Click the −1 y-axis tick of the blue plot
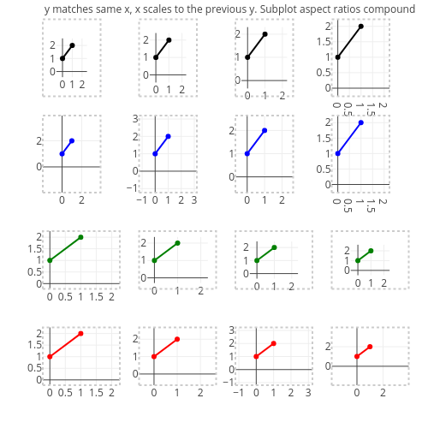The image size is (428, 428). click(x=131, y=187)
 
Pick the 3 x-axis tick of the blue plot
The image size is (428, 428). click(x=194, y=200)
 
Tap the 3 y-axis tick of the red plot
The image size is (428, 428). click(x=231, y=330)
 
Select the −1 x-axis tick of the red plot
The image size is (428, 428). click(x=238, y=393)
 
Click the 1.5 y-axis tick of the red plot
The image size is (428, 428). click(x=34, y=345)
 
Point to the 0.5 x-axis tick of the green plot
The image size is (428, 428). click(x=65, y=297)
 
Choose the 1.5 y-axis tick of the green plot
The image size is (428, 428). click(x=34, y=249)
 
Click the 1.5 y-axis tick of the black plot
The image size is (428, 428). click(x=324, y=42)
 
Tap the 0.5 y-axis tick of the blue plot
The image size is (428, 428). click(x=324, y=169)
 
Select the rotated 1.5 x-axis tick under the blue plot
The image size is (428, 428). click(x=371, y=205)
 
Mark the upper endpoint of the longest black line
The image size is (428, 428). click(x=361, y=27)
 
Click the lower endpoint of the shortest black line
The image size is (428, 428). click(x=62, y=58)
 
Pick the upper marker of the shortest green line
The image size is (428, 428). click(x=371, y=251)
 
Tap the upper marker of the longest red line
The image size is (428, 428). click(x=80, y=334)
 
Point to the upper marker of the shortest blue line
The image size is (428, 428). click(x=72, y=140)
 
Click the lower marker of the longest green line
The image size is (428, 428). click(x=50, y=260)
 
